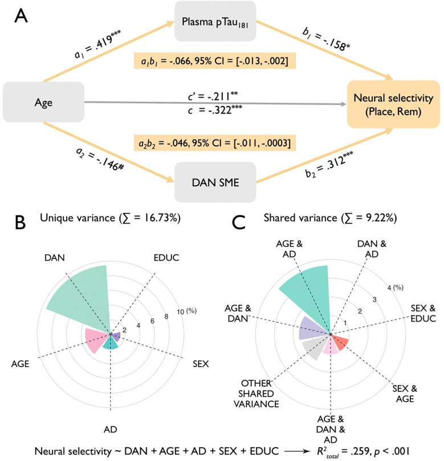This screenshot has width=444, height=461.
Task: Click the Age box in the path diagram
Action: (43, 105)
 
